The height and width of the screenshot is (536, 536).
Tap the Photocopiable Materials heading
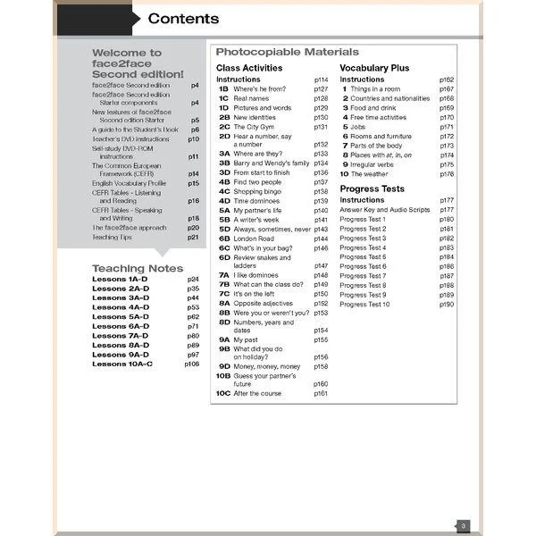(287, 52)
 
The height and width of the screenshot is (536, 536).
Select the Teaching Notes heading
(137, 268)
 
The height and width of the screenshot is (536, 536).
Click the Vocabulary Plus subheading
(374, 68)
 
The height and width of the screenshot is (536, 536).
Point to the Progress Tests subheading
(372, 188)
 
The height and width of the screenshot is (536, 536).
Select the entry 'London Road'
(255, 239)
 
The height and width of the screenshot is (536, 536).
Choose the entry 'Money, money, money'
(266, 366)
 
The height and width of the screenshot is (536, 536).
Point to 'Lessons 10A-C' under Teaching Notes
(122, 364)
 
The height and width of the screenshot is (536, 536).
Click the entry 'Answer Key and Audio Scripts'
(385, 209)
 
